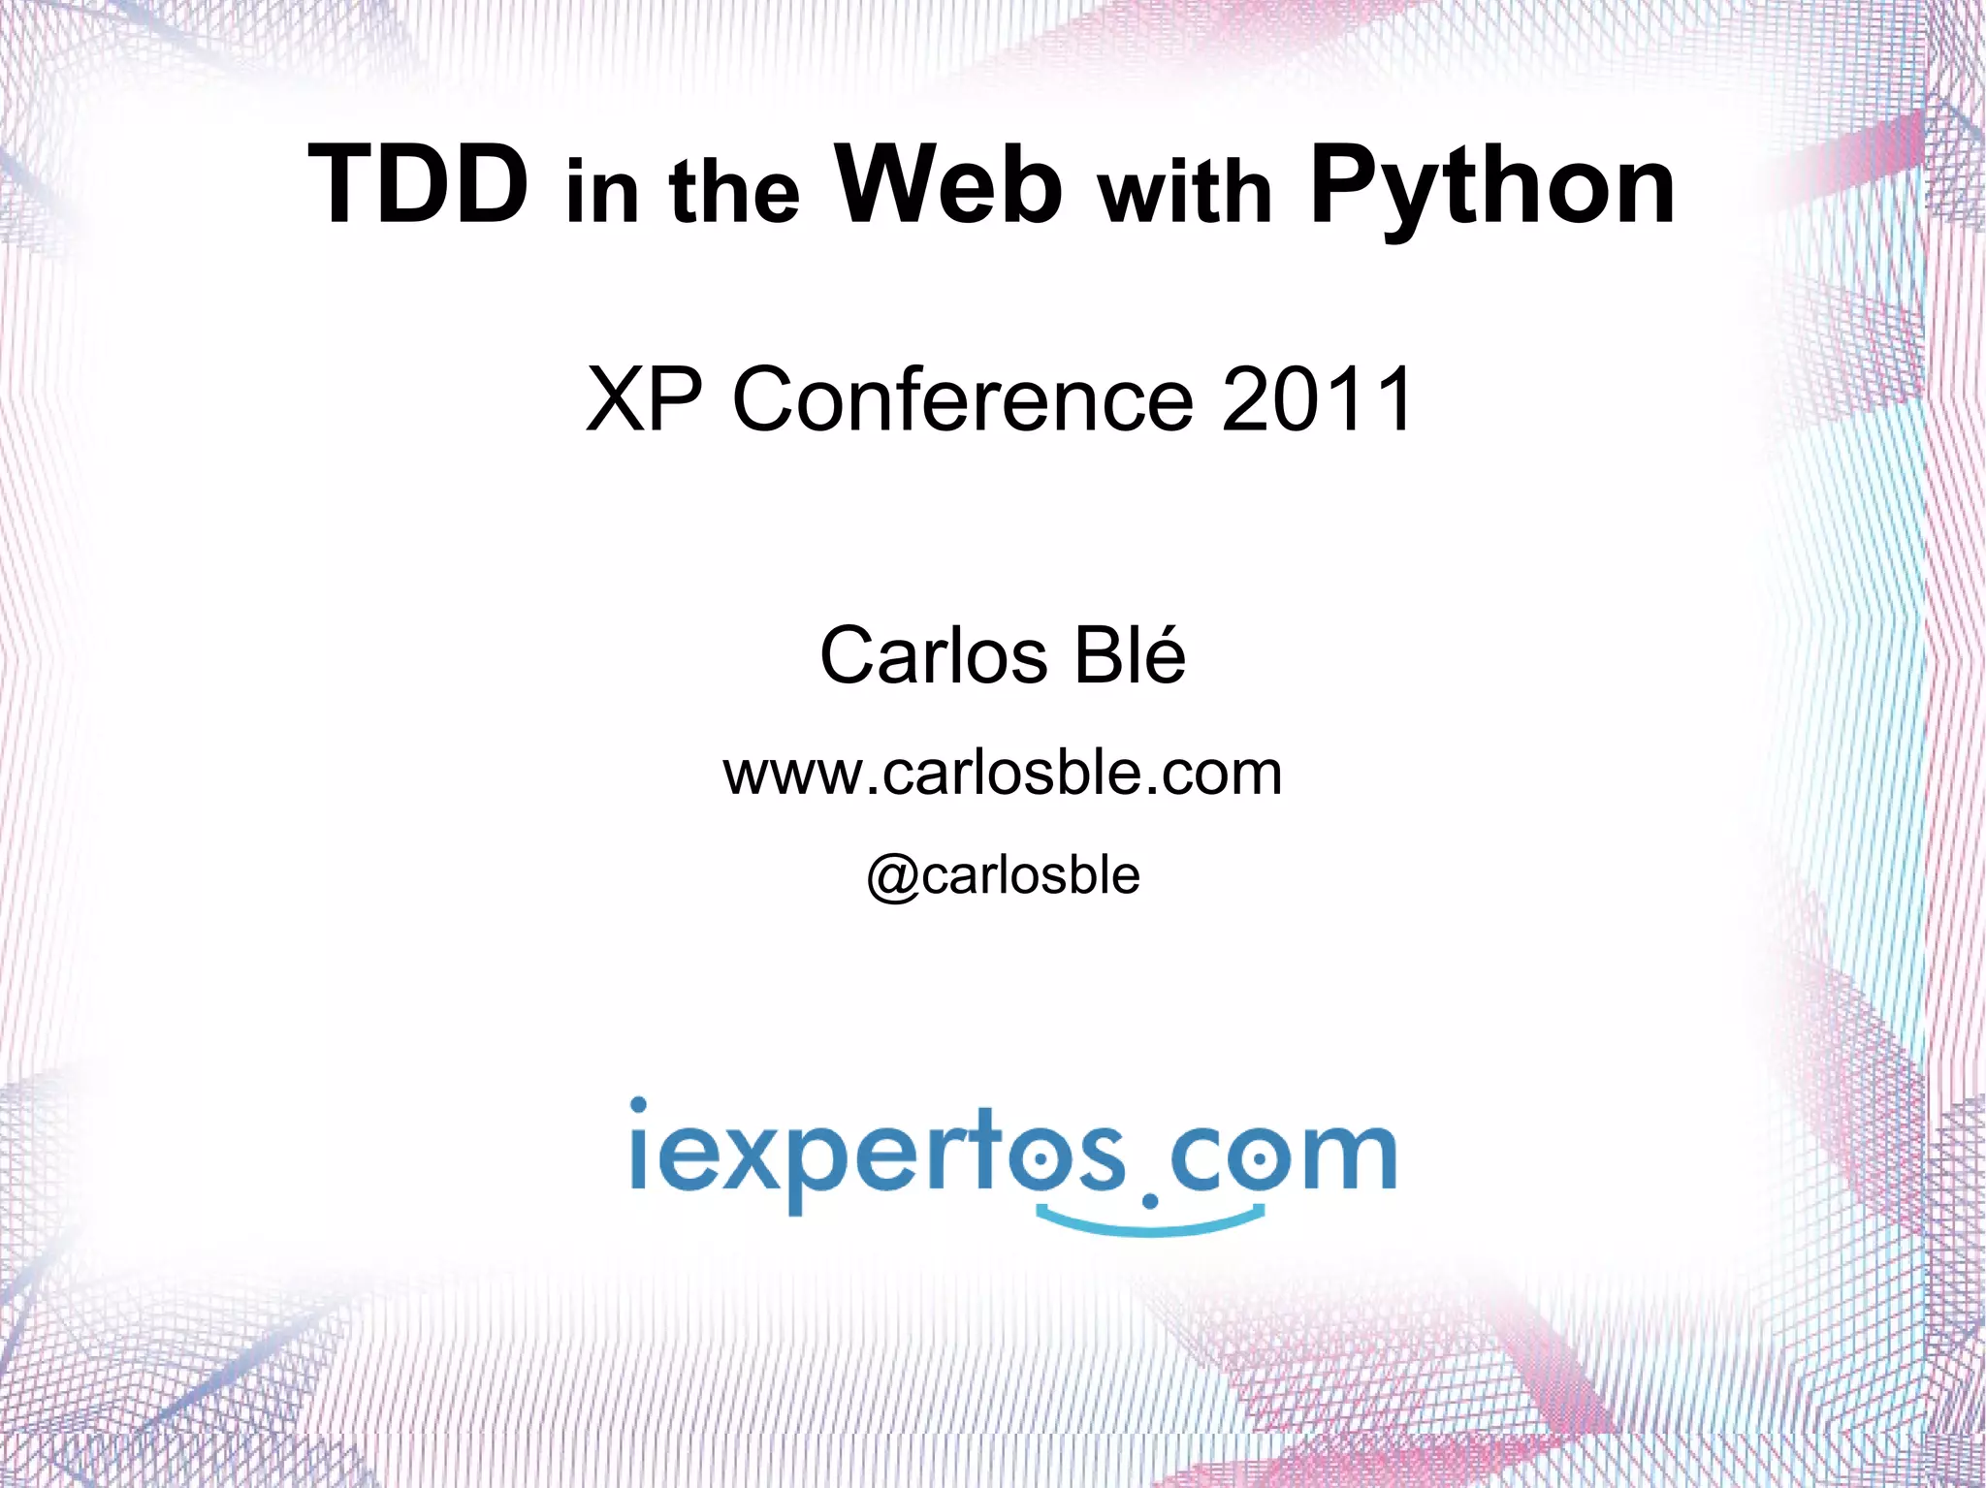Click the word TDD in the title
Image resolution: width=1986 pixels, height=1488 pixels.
[x=418, y=184]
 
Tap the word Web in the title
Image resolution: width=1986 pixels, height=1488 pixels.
[x=948, y=184]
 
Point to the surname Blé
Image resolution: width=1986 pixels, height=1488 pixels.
[x=1129, y=655]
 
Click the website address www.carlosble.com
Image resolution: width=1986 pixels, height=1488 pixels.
[x=1003, y=774]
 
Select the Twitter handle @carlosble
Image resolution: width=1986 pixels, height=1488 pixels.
[x=1003, y=876]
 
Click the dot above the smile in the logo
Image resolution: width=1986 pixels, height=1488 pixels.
[x=1150, y=1202]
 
